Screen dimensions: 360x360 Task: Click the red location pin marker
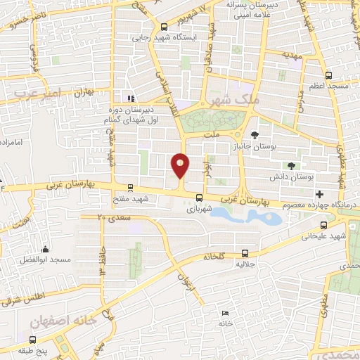(x=180, y=165)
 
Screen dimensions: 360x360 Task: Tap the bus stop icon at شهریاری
(x=200, y=198)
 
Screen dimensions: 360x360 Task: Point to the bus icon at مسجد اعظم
(x=329, y=74)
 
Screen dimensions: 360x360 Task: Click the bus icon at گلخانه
(x=245, y=252)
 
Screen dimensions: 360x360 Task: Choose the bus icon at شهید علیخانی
(x=323, y=225)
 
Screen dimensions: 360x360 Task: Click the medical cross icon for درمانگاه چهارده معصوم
(x=320, y=193)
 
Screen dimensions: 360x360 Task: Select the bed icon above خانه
(x=225, y=313)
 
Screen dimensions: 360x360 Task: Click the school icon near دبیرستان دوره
(x=129, y=98)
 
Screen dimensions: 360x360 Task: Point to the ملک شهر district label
(x=239, y=101)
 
